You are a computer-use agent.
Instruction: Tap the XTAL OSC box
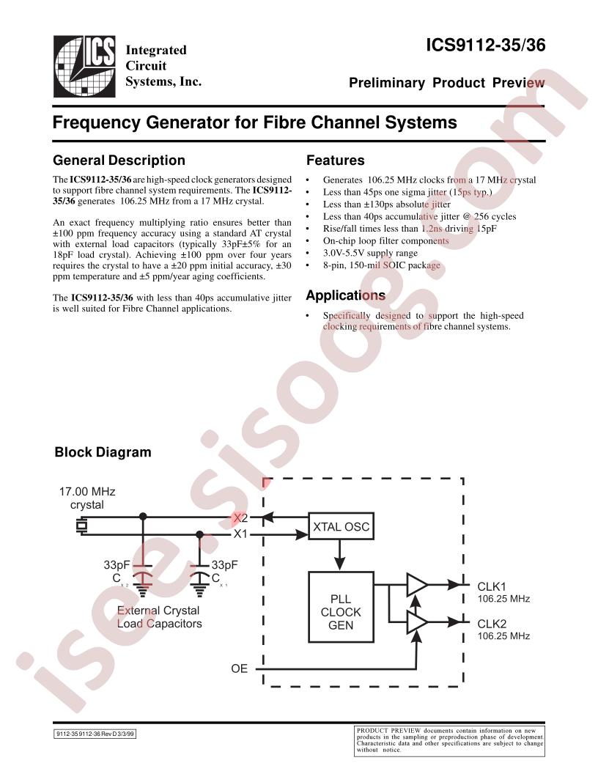click(341, 527)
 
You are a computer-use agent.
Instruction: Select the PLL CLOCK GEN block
click(341, 612)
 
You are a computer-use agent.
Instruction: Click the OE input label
click(240, 668)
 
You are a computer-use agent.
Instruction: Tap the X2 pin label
click(240, 517)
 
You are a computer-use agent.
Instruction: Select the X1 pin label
click(240, 534)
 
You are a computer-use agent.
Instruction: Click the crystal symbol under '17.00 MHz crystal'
click(81, 526)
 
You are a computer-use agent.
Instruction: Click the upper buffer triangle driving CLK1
click(417, 584)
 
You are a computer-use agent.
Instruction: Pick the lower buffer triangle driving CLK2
click(417, 622)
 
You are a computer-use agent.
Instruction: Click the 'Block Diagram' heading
click(103, 452)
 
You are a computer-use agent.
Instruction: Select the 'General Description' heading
click(119, 161)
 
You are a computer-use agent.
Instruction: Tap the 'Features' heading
click(335, 161)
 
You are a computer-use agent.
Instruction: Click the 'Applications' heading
click(345, 296)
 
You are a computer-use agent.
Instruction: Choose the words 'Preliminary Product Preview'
click(446, 83)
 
